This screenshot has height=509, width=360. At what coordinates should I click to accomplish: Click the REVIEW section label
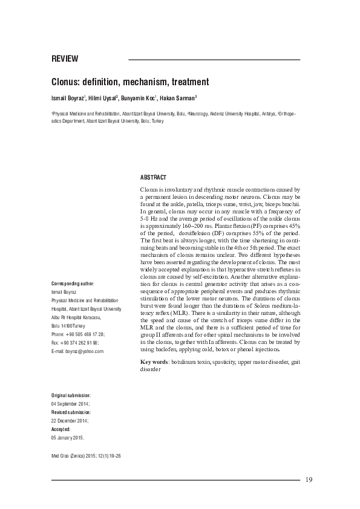click(65, 59)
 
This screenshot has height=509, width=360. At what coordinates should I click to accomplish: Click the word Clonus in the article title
click(66, 82)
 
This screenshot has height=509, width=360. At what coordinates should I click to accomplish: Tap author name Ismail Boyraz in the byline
click(67, 99)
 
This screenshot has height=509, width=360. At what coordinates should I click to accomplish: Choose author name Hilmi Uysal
click(103, 99)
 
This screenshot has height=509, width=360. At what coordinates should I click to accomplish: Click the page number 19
click(309, 480)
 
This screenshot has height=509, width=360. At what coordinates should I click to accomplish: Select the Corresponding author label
click(73, 283)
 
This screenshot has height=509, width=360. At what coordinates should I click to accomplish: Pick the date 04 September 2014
click(71, 403)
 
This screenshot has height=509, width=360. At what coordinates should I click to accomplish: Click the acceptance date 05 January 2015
click(68, 436)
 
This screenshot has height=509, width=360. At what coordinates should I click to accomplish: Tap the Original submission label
click(71, 394)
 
